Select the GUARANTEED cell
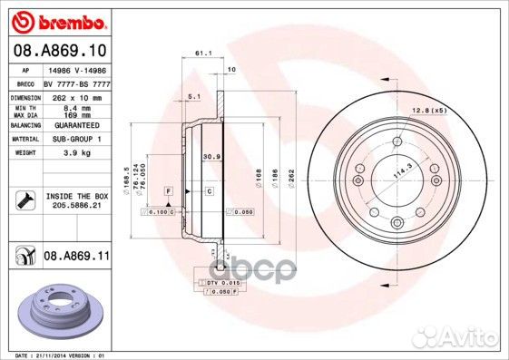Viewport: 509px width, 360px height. [72, 126]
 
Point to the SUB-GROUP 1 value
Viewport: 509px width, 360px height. [72, 140]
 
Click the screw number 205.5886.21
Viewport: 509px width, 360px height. [75, 206]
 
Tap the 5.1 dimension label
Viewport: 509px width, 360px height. [193, 95]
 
